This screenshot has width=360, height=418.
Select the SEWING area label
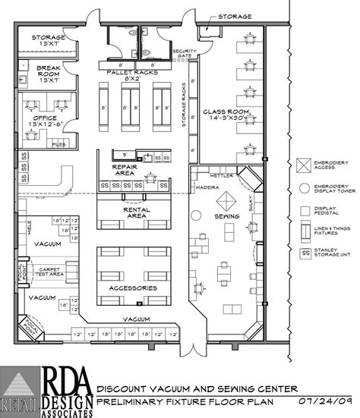click(x=226, y=216)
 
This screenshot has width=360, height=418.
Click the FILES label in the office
click(x=59, y=141)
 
